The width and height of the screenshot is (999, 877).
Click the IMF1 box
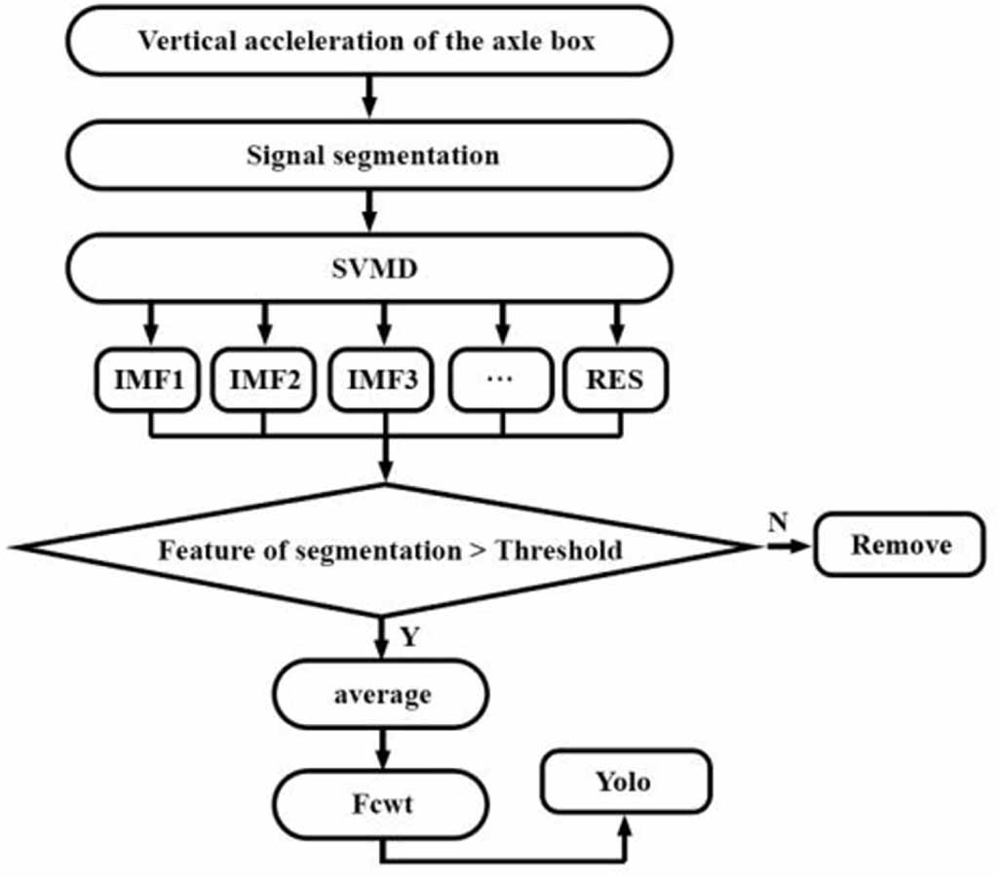tap(149, 379)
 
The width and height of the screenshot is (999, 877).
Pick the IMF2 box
tap(263, 379)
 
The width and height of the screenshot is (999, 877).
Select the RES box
tap(616, 379)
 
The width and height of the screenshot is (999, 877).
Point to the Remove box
tap(901, 544)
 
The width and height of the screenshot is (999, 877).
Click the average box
tap(382, 695)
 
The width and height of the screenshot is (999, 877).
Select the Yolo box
tap(624, 782)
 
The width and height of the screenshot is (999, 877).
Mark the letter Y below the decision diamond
tap(409, 637)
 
